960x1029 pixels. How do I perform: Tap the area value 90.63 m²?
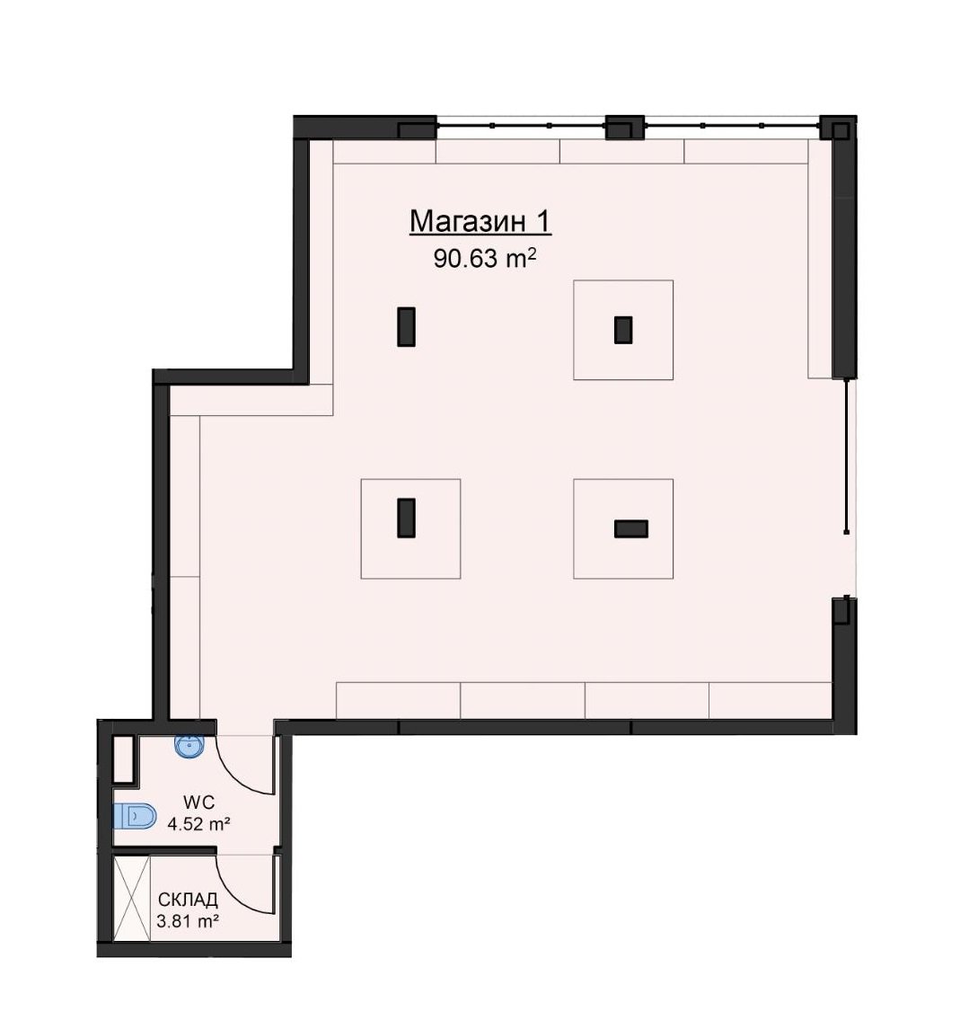pos(485,259)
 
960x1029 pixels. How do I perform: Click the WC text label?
pos(198,802)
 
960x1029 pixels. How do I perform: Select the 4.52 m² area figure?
pos(198,823)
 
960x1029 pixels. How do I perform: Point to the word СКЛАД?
pos(188,900)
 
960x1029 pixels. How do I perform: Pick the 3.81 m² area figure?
pos(188,921)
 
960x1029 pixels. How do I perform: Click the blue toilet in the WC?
pos(135,816)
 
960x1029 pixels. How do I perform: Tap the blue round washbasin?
pos(189,746)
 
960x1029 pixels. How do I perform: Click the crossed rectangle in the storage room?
pos(132,899)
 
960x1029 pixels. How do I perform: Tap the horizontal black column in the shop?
pos(630,528)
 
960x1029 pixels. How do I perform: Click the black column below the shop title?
pos(407,326)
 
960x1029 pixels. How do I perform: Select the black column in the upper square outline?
pos(623,330)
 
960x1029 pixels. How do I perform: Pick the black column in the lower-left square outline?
pos(407,518)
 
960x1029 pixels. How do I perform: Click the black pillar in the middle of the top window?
pos(624,128)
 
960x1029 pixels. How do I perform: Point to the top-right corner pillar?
pos(838,128)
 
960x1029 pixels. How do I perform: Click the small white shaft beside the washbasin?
pos(123,759)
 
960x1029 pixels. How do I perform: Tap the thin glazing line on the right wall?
pos(847,456)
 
